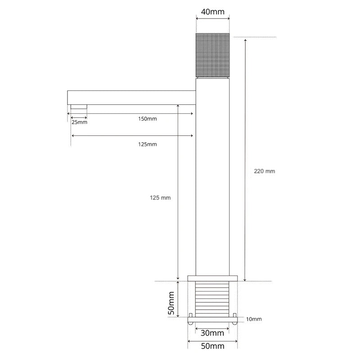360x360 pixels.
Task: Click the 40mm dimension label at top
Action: (212, 12)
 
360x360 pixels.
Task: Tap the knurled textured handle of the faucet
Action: (212, 55)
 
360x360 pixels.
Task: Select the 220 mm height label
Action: (264, 171)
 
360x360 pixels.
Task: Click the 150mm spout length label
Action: (148, 119)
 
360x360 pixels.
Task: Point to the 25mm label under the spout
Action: (79, 122)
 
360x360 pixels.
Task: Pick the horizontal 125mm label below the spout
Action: (148, 144)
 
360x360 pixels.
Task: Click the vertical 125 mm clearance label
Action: (160, 198)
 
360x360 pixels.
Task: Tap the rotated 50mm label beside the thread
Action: (171, 303)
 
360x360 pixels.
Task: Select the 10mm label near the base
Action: (254, 319)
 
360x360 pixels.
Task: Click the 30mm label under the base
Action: (212, 333)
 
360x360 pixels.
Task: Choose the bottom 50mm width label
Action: (212, 346)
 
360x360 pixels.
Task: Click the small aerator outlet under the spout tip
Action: (79, 107)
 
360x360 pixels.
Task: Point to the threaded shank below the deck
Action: (212, 298)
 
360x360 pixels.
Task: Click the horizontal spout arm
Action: (130, 97)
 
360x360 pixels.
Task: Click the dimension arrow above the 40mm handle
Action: (212, 18)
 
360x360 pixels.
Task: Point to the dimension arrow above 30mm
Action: (212, 327)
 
